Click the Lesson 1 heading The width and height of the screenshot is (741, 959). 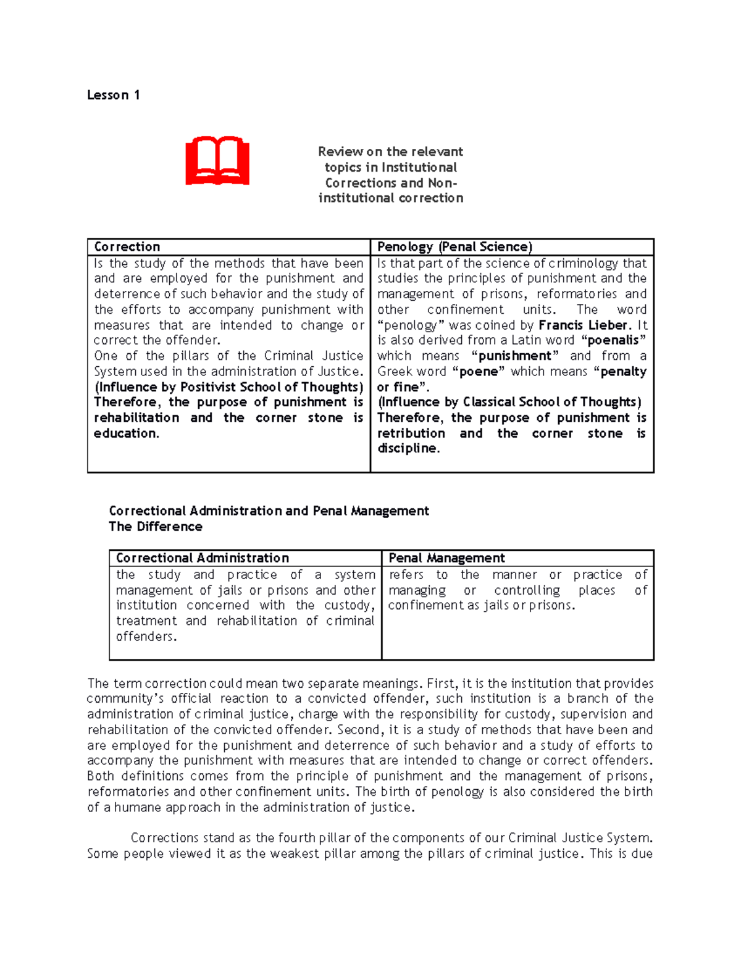click(113, 95)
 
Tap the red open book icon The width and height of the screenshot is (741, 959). click(217, 161)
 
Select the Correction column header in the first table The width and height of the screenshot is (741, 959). click(127, 247)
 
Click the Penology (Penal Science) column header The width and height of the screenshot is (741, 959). click(454, 247)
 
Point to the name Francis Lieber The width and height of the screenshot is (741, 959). click(583, 325)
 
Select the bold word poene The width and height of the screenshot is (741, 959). click(479, 372)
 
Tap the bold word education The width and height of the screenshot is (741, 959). click(126, 433)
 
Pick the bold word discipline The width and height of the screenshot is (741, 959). click(407, 449)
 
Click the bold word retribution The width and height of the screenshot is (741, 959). click(411, 433)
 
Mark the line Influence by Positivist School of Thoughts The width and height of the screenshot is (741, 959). click(228, 387)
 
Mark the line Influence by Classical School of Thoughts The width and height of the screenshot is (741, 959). click(509, 403)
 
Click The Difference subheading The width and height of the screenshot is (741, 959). click(156, 527)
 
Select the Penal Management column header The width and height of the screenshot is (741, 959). click(446, 558)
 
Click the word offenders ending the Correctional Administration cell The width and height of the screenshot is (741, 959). click(146, 637)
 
